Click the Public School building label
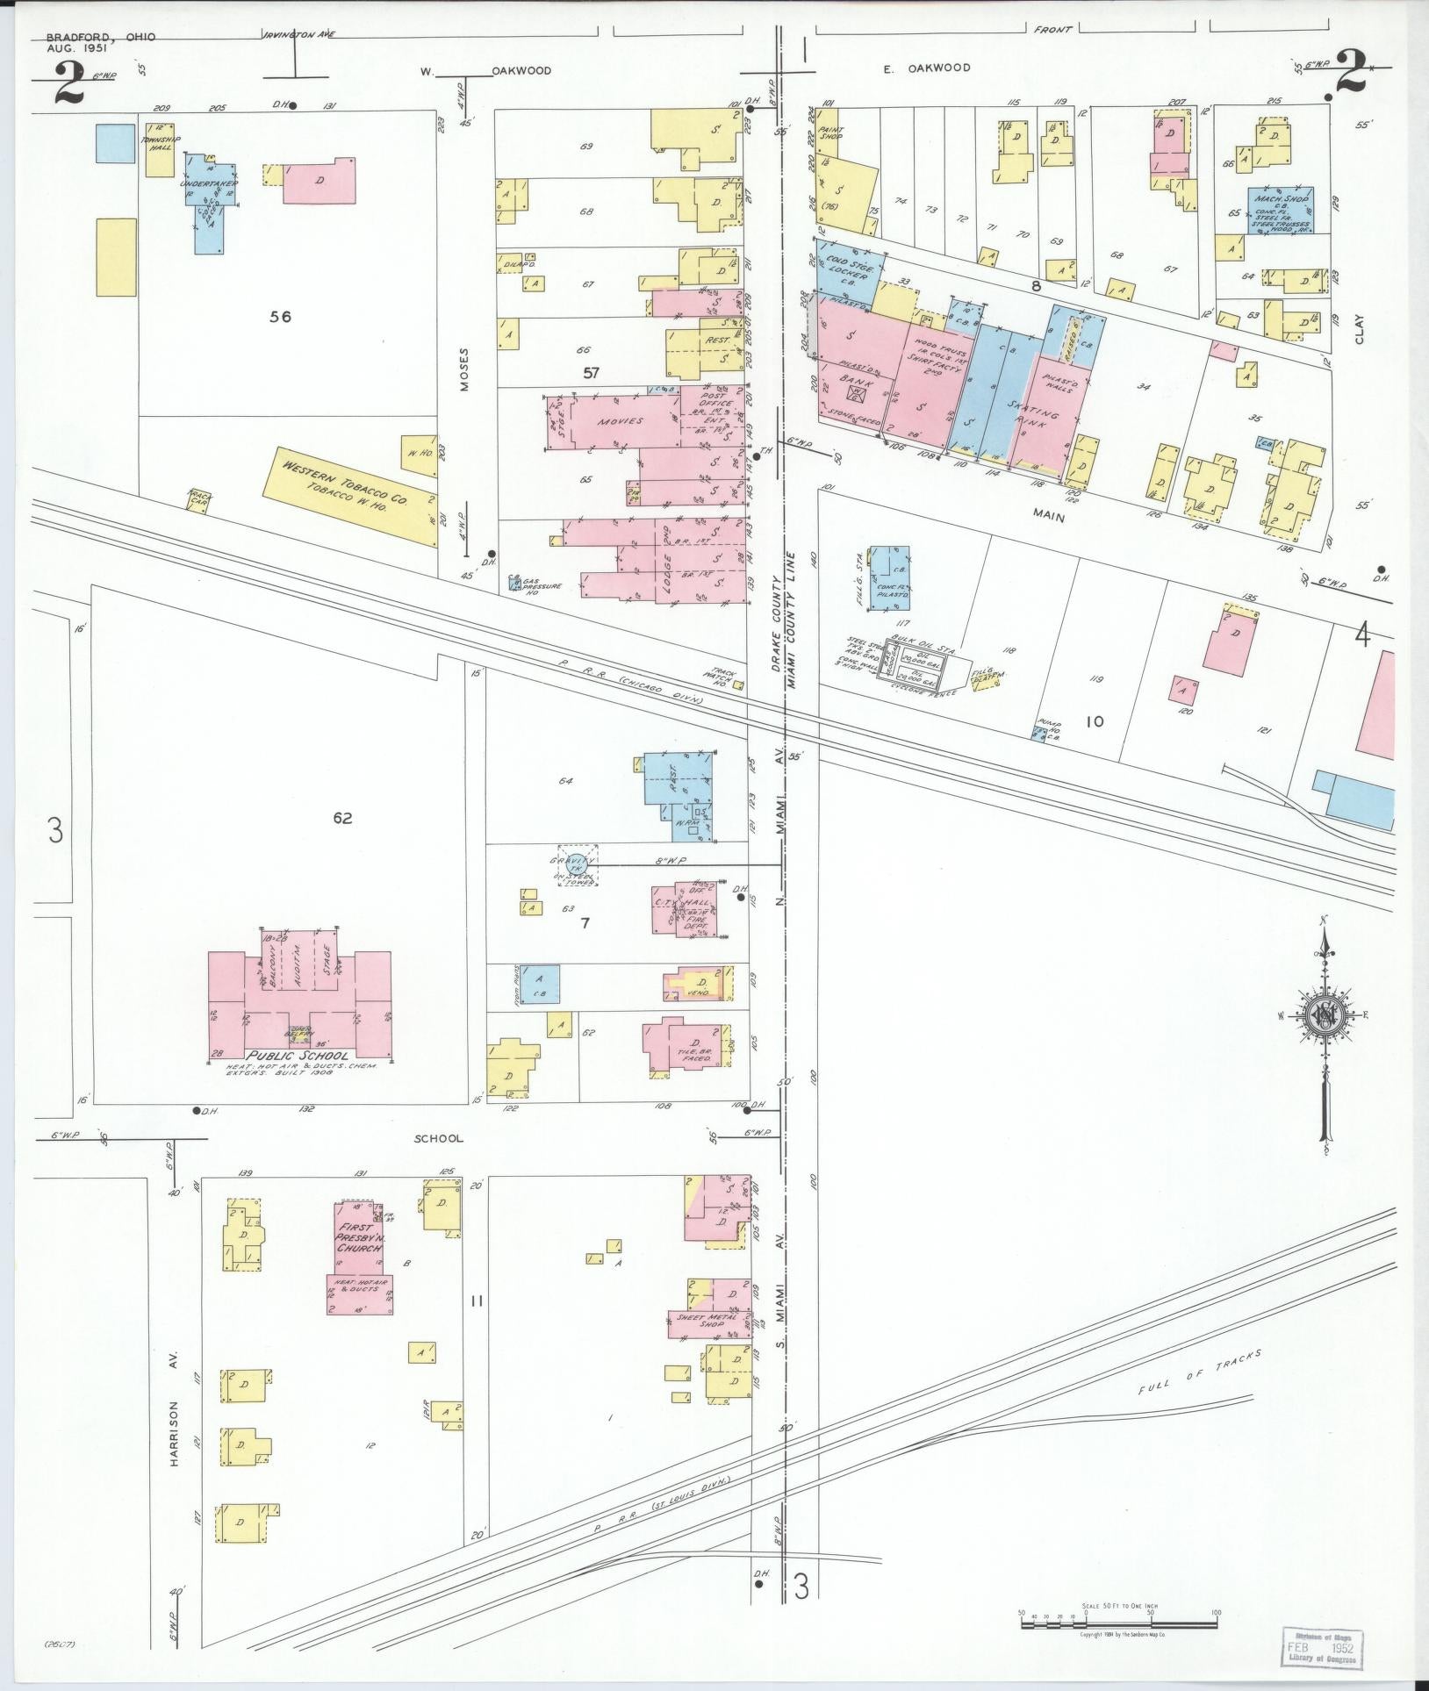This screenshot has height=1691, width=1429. pyautogui.click(x=299, y=1056)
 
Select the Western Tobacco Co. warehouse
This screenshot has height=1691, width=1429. pyautogui.click(x=356, y=497)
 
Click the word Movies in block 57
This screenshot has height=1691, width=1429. pyautogui.click(x=621, y=421)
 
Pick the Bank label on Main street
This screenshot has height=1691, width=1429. pyautogui.click(x=851, y=379)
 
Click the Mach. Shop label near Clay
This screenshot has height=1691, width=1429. pyautogui.click(x=1282, y=201)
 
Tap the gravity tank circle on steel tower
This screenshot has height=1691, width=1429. pyautogui.click(x=577, y=865)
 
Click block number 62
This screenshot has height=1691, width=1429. pyautogui.click(x=342, y=819)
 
